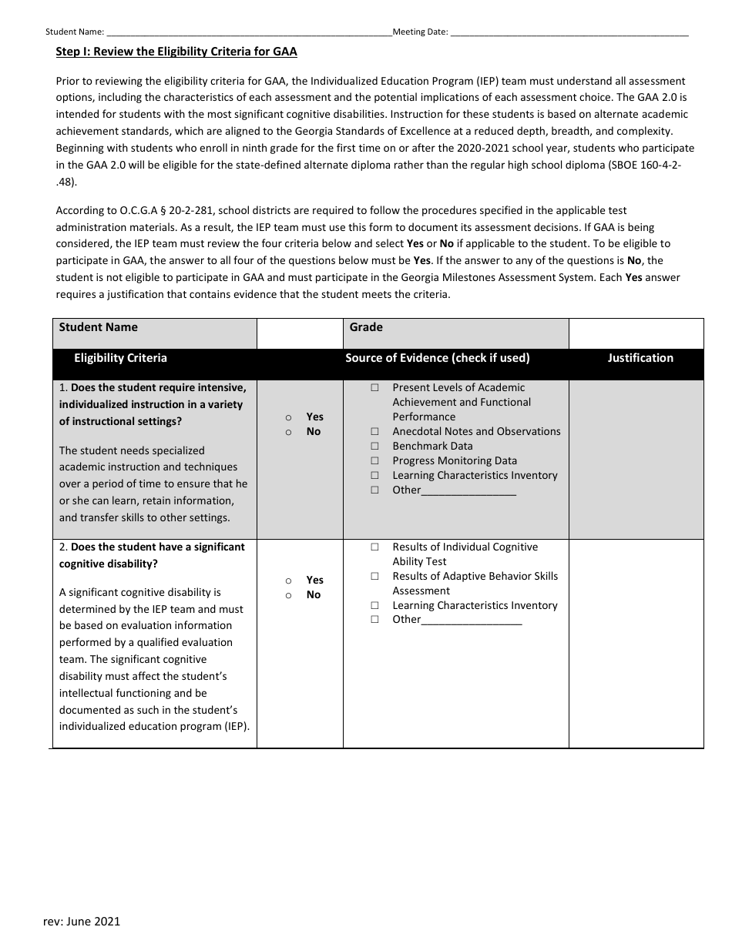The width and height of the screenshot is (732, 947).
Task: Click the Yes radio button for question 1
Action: (288, 417)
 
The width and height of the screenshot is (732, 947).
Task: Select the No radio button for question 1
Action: (288, 432)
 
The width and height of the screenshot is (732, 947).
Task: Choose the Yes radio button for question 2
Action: (288, 581)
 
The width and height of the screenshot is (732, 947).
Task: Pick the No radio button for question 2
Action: (288, 595)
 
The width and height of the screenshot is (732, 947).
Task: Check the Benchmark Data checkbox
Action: (374, 447)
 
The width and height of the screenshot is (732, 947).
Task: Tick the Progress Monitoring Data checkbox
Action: (374, 461)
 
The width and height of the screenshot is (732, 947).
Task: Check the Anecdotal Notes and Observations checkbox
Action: (374, 432)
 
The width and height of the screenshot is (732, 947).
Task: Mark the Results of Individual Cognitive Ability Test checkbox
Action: (374, 547)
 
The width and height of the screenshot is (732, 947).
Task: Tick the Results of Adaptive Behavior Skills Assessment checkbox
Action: (374, 577)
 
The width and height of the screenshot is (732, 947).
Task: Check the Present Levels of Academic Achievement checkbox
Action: (374, 388)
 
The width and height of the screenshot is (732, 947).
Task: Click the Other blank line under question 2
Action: (472, 621)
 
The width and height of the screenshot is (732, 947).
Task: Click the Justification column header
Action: (640, 358)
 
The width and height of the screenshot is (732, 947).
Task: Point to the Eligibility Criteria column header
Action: (120, 358)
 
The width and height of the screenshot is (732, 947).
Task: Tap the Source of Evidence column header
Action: (437, 358)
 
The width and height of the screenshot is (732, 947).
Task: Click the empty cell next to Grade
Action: (636, 334)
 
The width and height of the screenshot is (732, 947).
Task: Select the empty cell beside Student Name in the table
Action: (300, 334)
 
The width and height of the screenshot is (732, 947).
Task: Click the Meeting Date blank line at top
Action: (569, 32)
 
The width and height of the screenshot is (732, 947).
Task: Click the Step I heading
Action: (176, 52)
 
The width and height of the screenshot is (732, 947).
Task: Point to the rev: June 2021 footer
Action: (81, 921)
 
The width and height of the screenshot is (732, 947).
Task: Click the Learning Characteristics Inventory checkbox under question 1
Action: (374, 476)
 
